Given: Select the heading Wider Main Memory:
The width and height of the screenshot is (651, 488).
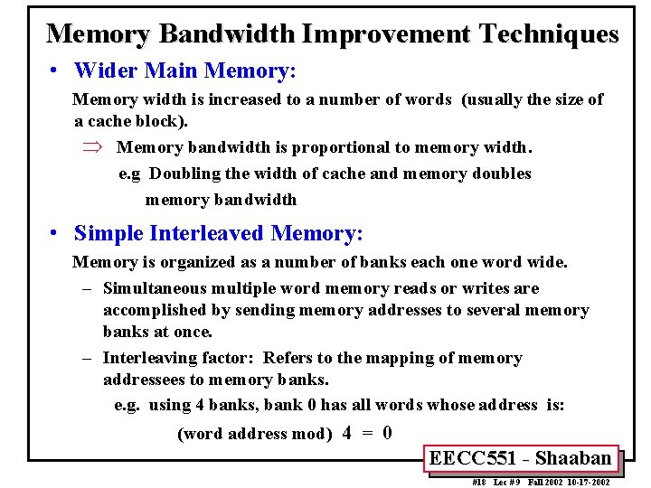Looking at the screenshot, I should (185, 70).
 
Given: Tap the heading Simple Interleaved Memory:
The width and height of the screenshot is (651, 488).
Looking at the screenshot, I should (218, 233).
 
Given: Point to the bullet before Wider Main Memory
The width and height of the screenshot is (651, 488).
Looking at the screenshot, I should (55, 70).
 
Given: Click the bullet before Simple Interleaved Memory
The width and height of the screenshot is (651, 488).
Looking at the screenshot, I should (55, 234).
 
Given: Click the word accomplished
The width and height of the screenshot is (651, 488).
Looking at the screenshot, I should (156, 310).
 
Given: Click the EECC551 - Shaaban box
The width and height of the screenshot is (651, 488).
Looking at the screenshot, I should (520, 458).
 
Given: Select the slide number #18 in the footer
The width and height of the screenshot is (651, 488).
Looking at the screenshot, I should (479, 483).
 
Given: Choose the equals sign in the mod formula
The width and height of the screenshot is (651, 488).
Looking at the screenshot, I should (367, 433).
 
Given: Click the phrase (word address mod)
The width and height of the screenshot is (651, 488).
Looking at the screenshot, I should (255, 434).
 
